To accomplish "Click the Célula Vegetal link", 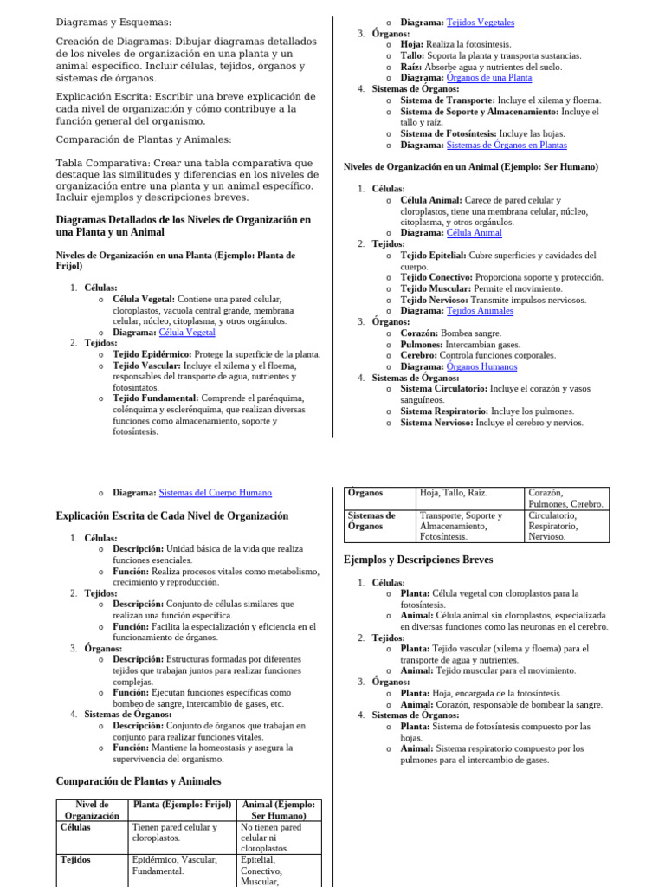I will click(187, 332).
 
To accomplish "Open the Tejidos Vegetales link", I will click(481, 22).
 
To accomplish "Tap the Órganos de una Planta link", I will click(488, 77).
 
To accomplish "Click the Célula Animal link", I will click(474, 232).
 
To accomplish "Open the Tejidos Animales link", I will click(480, 310).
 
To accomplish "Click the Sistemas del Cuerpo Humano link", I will click(216, 492).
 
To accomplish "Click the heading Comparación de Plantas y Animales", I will click(139, 780).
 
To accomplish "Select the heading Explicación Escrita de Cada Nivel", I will click(171, 515).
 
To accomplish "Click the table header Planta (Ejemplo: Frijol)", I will click(182, 805).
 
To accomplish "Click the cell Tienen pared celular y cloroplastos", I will click(174, 832).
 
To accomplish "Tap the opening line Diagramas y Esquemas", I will click(113, 22).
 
